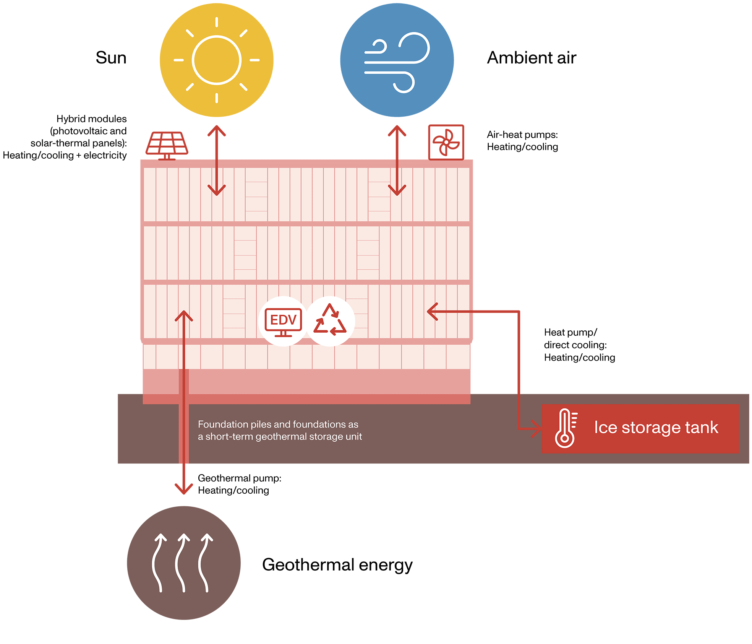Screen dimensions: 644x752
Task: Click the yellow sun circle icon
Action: (216, 60)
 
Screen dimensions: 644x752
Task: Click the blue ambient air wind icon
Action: (397, 60)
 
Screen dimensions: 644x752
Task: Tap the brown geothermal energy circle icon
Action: (184, 563)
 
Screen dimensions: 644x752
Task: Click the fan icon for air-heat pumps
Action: (446, 142)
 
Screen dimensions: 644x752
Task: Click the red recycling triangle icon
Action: (330, 320)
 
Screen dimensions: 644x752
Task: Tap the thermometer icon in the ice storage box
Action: (566, 428)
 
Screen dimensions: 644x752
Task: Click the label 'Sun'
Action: (111, 58)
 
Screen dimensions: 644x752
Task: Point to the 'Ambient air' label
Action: (532, 58)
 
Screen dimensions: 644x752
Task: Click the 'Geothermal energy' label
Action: (337, 564)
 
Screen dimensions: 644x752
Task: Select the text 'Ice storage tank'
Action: (656, 428)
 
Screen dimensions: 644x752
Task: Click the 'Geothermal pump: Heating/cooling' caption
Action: (239, 484)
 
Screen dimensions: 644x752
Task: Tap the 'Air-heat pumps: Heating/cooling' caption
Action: (522, 141)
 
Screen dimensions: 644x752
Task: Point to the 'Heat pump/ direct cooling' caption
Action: (579, 345)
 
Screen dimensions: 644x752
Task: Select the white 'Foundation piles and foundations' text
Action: (279, 430)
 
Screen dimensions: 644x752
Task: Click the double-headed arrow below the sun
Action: (217, 161)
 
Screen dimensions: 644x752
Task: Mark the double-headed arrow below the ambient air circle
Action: (397, 161)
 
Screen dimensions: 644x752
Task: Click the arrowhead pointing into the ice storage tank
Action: (536, 428)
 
